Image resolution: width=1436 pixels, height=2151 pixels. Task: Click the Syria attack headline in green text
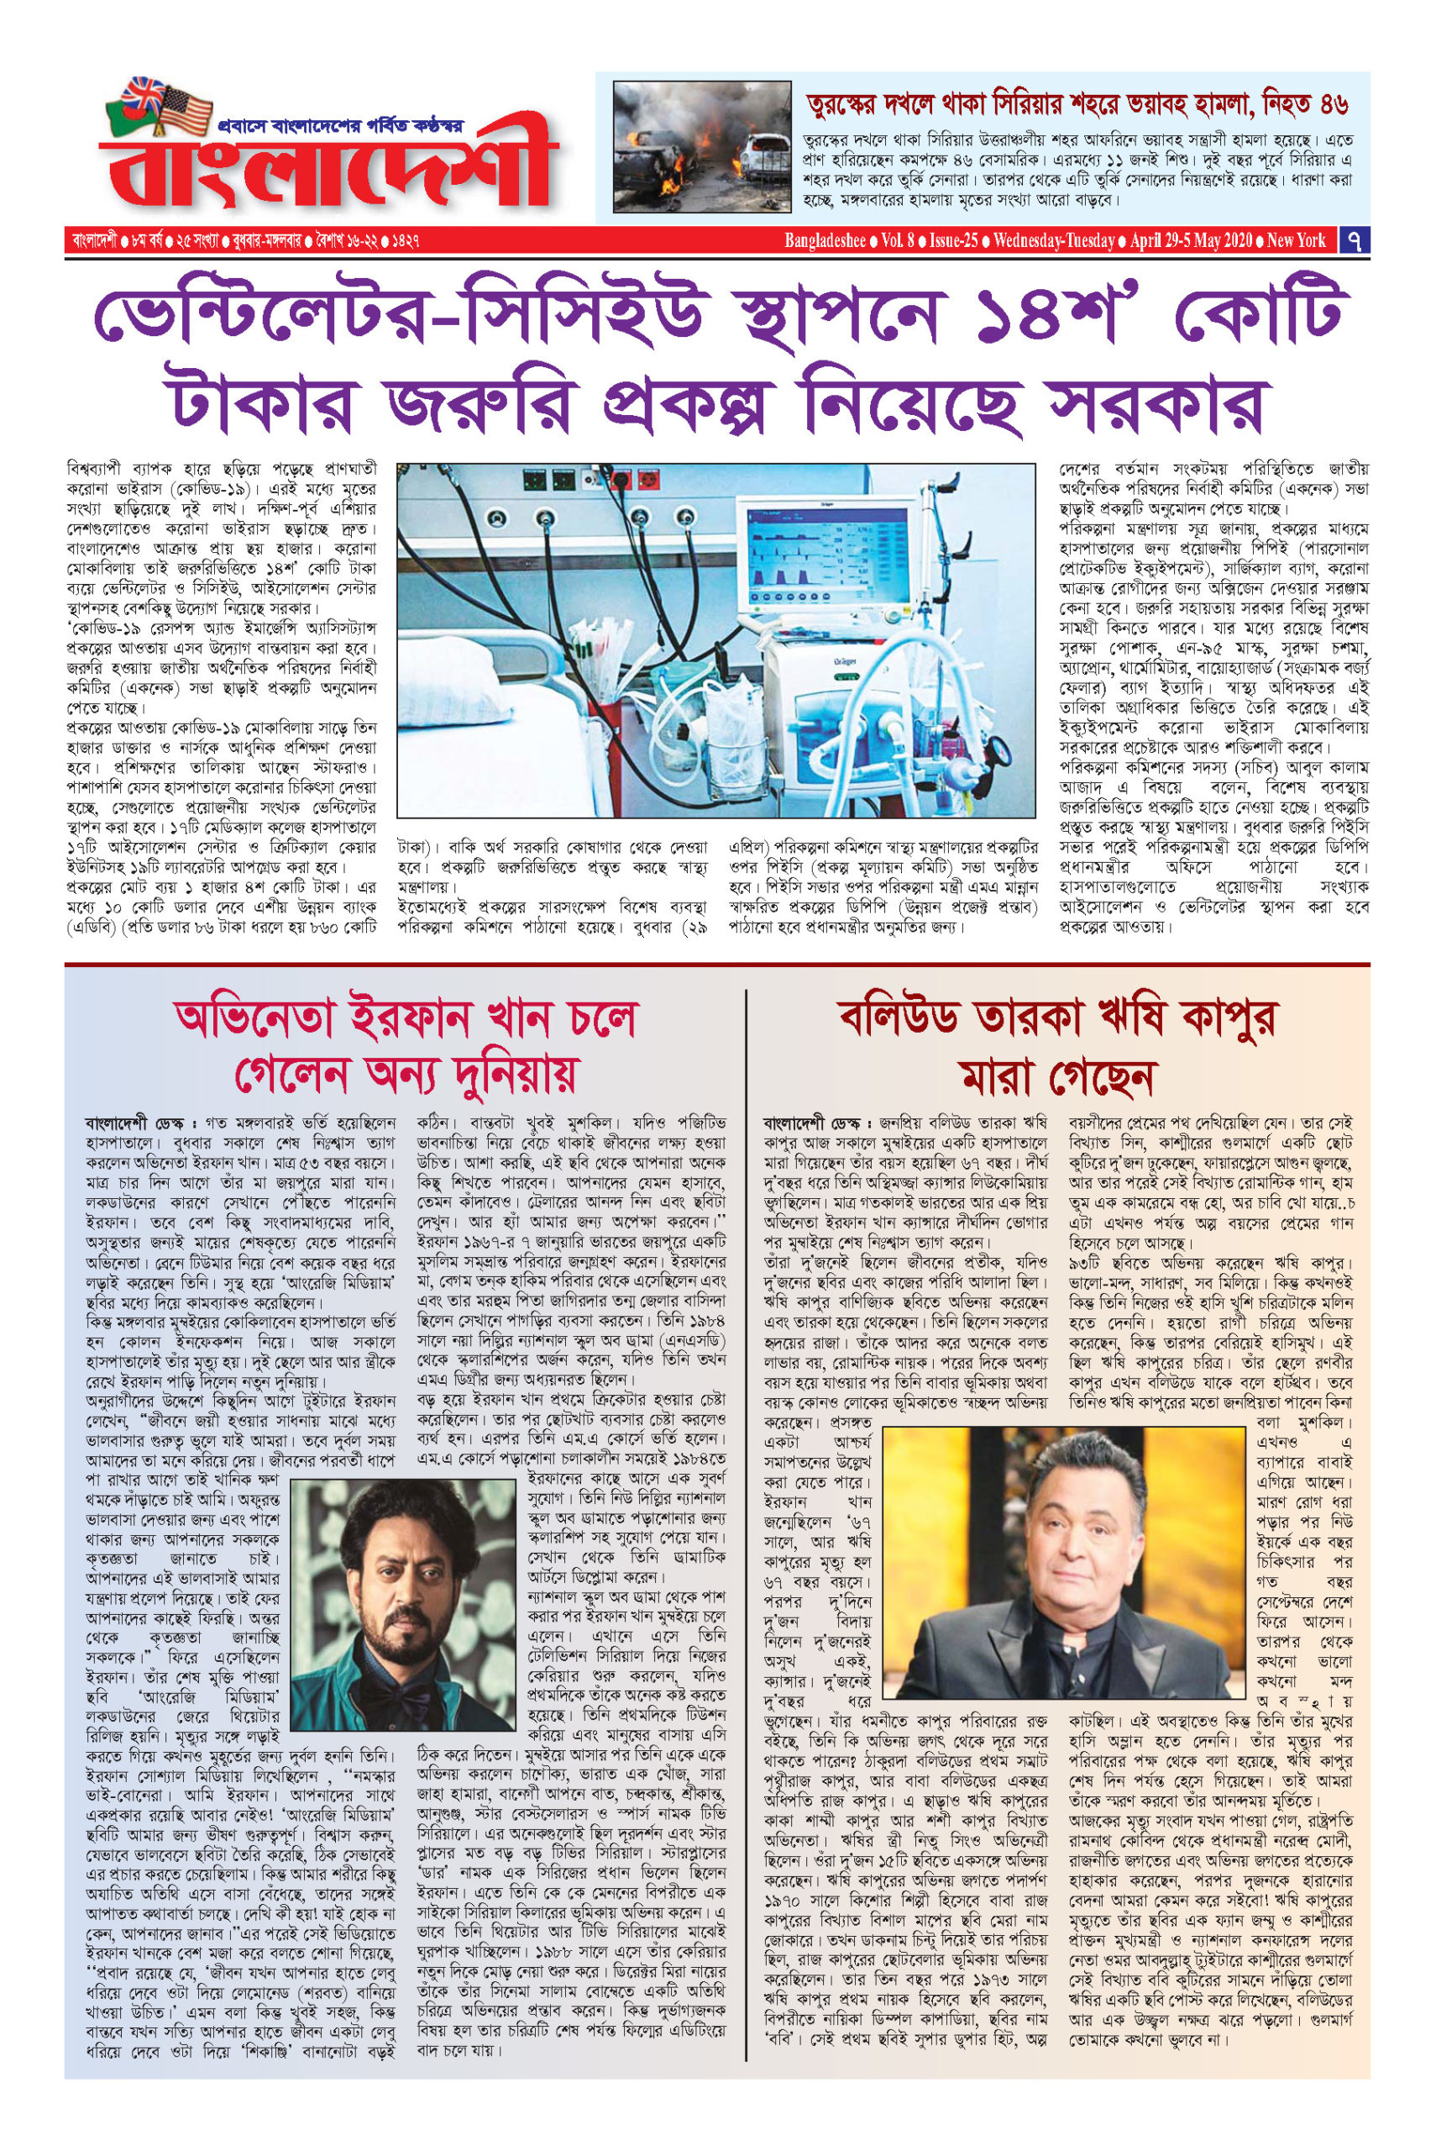tap(1076, 103)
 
